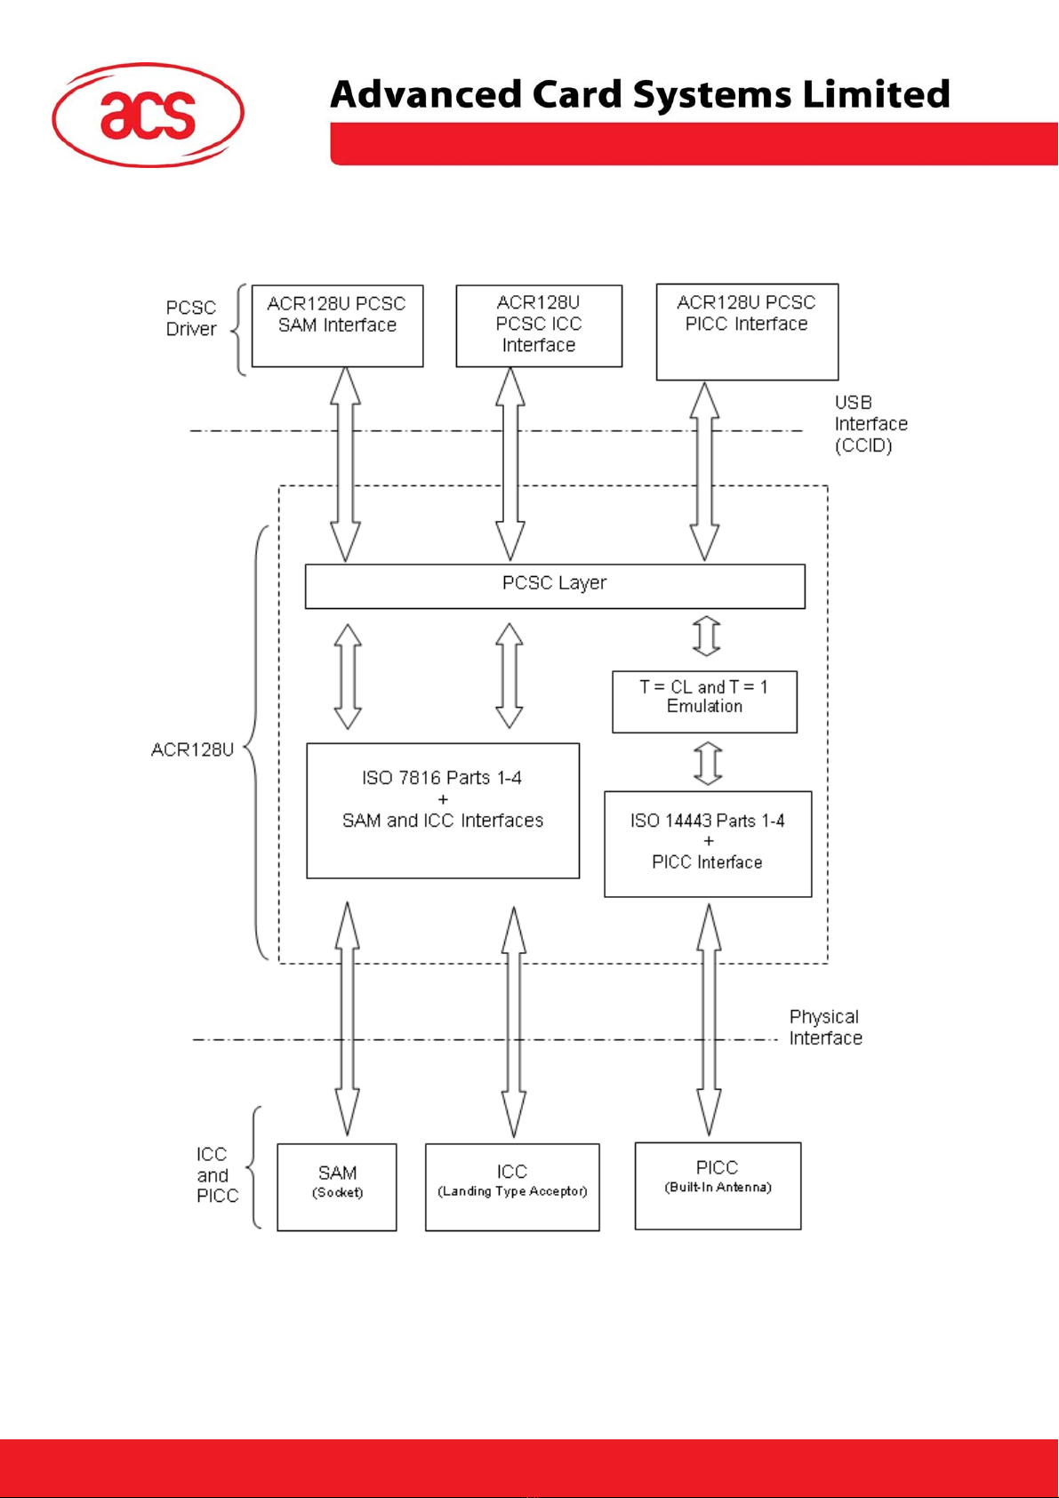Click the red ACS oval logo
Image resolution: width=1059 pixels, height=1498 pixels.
[x=148, y=115]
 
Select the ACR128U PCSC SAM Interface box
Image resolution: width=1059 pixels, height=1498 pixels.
[x=337, y=325]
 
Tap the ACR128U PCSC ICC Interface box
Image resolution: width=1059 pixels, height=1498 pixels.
[x=539, y=325]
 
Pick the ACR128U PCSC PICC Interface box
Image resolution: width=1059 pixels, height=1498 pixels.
[x=747, y=332]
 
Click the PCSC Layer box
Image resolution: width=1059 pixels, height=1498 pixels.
[x=555, y=586]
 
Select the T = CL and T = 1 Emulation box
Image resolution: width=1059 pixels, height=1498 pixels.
[x=704, y=701]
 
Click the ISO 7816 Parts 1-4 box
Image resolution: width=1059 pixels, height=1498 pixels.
[x=443, y=810]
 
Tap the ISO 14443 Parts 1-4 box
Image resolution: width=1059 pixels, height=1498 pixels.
[x=708, y=844]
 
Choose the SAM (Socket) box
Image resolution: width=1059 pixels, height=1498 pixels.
[x=337, y=1187]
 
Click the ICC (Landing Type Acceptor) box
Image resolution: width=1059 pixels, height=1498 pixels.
[x=512, y=1187]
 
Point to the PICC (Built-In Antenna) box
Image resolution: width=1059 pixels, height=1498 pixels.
[x=718, y=1186]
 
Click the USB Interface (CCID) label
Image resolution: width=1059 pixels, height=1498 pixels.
[x=870, y=424]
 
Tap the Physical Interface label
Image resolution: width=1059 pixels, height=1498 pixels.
[x=825, y=1028]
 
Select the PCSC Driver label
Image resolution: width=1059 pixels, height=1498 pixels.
[x=191, y=318]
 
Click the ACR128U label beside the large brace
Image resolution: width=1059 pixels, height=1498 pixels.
[x=192, y=749]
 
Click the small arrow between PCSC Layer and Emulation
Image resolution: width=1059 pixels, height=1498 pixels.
[x=706, y=637]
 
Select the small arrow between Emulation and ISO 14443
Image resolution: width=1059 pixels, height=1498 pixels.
[x=708, y=763]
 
